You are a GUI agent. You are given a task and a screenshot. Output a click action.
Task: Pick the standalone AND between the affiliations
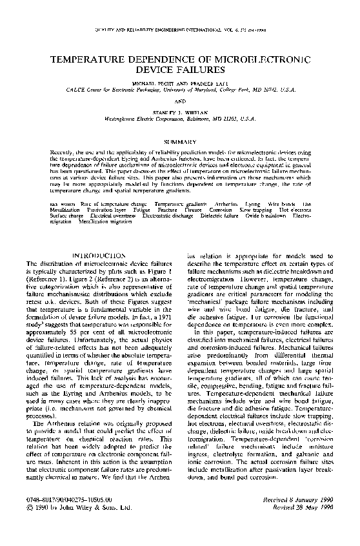[180, 101]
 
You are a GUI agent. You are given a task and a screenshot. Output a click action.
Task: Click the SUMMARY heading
[180, 141]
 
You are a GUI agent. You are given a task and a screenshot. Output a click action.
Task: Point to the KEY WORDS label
[61, 203]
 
